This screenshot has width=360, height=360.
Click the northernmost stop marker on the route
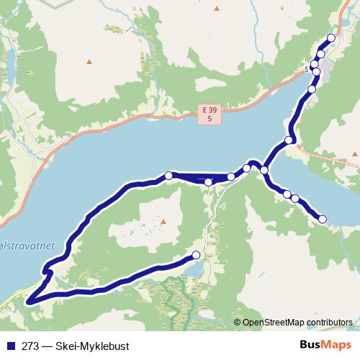(x=331, y=38)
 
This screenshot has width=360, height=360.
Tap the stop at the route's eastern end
(x=323, y=219)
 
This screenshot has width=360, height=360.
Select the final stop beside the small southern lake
(x=196, y=255)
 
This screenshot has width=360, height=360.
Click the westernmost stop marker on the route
(x=168, y=175)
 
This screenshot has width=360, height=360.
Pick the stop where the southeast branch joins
(x=264, y=170)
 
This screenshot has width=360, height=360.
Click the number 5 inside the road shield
(x=209, y=117)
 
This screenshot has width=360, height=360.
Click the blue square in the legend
(x=9, y=345)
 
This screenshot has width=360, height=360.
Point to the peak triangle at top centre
(x=217, y=8)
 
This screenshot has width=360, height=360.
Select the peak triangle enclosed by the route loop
(x=163, y=222)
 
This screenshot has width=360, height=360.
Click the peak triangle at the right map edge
(x=356, y=153)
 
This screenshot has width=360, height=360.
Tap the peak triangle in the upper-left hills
(x=89, y=61)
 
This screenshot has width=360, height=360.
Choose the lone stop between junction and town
(x=289, y=140)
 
